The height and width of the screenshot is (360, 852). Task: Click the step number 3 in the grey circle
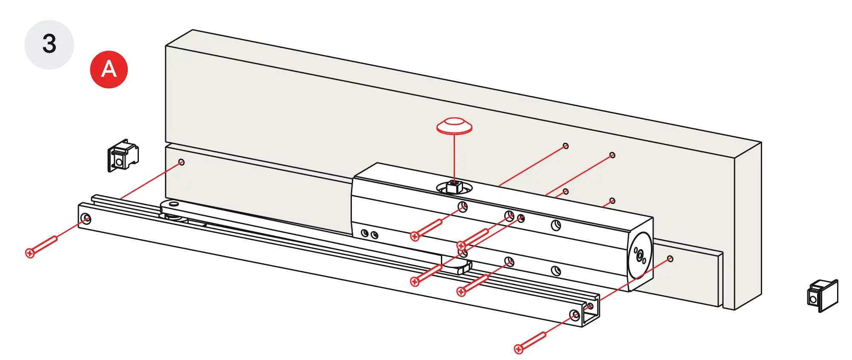[x=49, y=44]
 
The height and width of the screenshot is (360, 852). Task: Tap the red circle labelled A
[x=109, y=69]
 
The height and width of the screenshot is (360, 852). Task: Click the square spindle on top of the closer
[x=453, y=186]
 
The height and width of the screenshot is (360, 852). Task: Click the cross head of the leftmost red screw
[x=29, y=253]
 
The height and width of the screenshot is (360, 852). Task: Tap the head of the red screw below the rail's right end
[x=518, y=349]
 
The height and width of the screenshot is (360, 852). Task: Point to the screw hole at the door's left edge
[x=181, y=162]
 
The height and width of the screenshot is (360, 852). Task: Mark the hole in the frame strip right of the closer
[x=670, y=259]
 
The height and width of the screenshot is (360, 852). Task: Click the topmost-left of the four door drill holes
[x=566, y=146]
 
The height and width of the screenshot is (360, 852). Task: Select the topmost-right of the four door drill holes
[x=612, y=155]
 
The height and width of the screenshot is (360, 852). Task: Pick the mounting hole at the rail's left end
[x=86, y=219]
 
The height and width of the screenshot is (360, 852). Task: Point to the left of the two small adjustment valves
[x=365, y=233]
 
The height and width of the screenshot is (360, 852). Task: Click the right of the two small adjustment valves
[x=374, y=235]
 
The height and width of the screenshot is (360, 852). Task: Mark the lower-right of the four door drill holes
[x=612, y=201]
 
